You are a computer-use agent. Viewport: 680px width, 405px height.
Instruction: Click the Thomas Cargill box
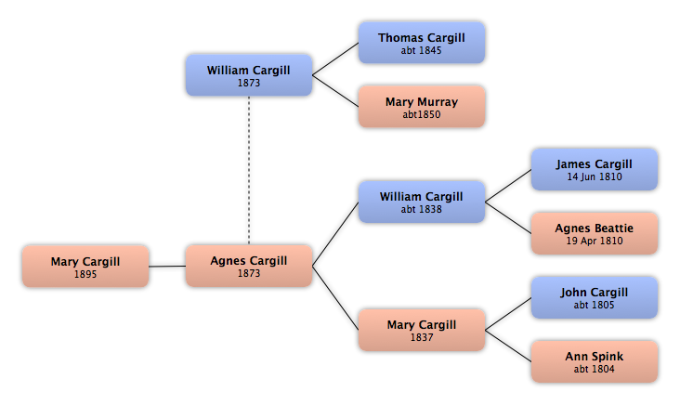point(422,43)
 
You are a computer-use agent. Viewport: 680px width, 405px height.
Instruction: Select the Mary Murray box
point(422,107)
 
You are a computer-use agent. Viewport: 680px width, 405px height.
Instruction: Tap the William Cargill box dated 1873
point(249,75)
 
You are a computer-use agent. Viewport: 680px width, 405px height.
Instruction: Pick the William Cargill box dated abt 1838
point(422,202)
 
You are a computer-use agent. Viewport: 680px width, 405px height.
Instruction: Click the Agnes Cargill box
point(249,266)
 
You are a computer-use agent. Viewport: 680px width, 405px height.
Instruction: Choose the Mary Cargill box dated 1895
point(85,267)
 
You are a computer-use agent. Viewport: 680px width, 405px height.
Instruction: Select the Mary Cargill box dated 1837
point(422,330)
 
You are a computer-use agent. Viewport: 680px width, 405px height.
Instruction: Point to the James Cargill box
point(595,170)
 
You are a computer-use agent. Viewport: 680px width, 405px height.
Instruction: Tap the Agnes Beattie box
point(595,233)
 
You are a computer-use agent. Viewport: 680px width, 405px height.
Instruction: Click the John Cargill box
point(595,298)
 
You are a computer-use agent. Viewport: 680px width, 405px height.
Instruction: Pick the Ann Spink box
point(595,361)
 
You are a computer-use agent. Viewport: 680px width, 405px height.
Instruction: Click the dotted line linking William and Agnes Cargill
point(249,170)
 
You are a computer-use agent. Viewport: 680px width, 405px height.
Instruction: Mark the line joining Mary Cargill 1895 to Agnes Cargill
point(167,267)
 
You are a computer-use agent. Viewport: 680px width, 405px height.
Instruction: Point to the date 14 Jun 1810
point(595,176)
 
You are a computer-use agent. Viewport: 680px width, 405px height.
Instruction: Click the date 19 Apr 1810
point(595,241)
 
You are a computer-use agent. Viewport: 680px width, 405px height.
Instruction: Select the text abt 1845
point(421,50)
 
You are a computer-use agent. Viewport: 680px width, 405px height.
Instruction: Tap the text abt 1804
point(595,369)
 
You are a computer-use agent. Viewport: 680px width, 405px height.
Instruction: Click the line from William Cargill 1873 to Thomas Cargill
point(335,59)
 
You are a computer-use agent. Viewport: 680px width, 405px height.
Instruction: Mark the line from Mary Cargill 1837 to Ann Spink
point(508,346)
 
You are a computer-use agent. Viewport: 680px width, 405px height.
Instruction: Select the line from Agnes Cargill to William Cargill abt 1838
point(335,234)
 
